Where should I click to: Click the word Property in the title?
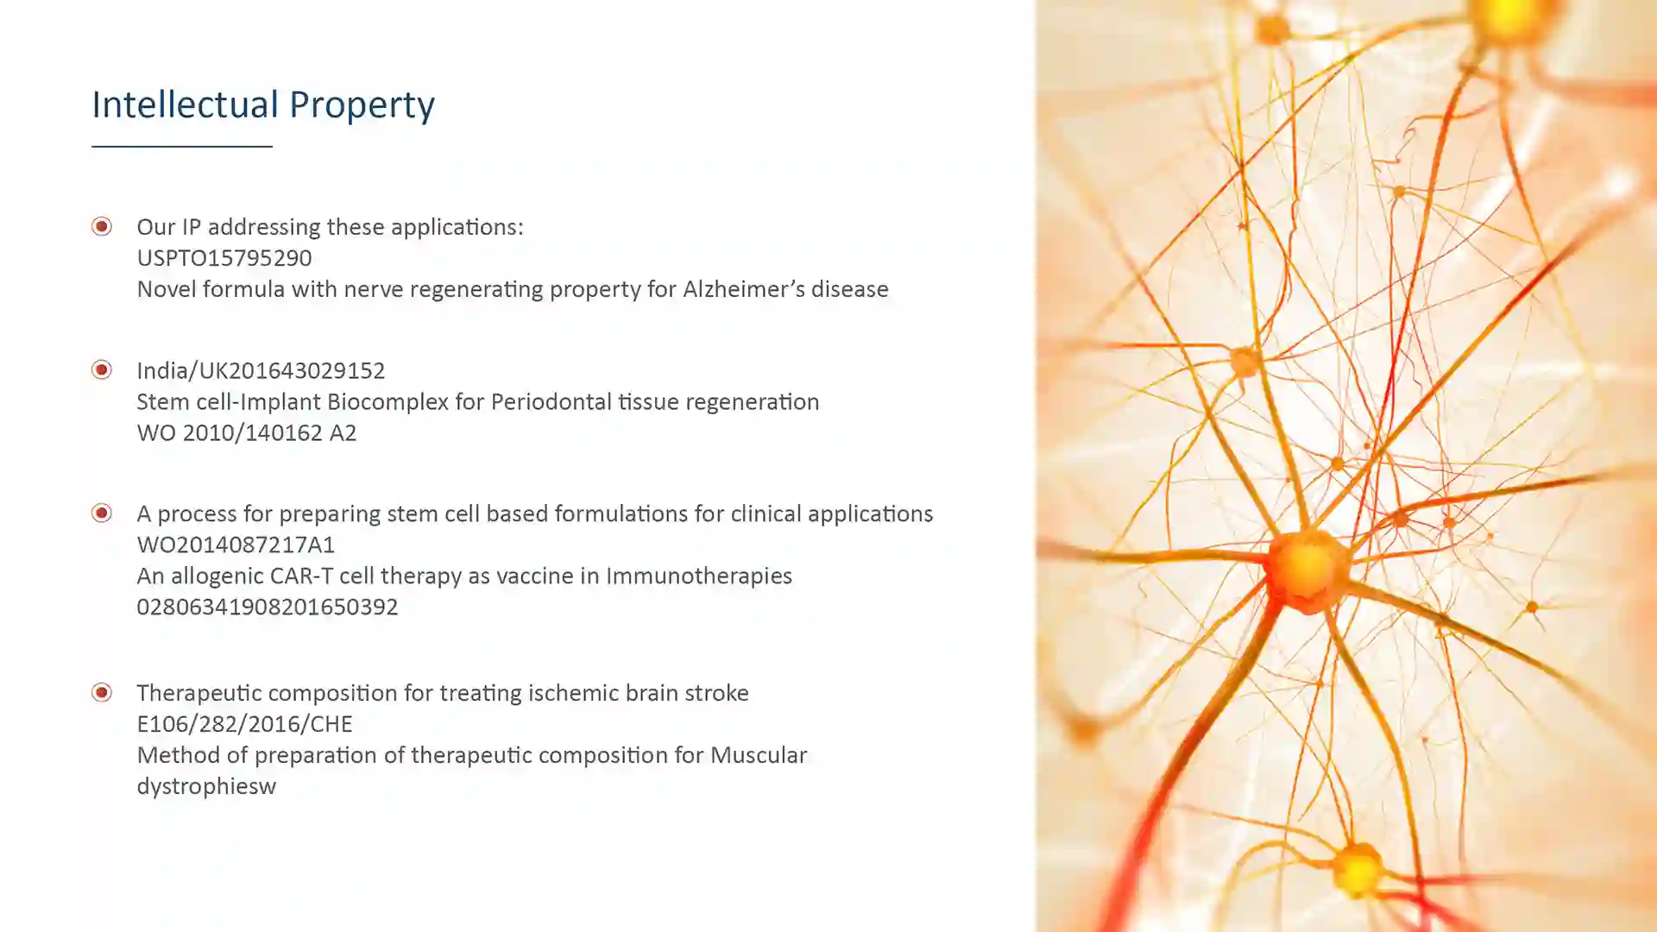(x=362, y=105)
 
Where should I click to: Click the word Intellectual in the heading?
(x=185, y=104)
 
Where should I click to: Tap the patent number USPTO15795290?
(x=224, y=258)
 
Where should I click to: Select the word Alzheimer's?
(x=735, y=289)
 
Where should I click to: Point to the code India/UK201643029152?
(x=261, y=371)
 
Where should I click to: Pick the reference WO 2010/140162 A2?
(x=247, y=433)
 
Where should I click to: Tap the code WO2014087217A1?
(x=236, y=545)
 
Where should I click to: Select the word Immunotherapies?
(x=699, y=576)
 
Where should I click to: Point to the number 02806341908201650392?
(x=268, y=608)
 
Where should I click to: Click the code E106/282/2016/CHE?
(x=244, y=725)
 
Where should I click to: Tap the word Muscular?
(x=759, y=756)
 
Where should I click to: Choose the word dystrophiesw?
(x=206, y=787)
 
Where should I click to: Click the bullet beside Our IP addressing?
(x=102, y=226)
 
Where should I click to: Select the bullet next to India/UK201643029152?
(x=102, y=369)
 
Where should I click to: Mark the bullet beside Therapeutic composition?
(x=102, y=692)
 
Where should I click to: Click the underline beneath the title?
(x=182, y=147)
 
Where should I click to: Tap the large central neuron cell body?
(x=1307, y=570)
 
